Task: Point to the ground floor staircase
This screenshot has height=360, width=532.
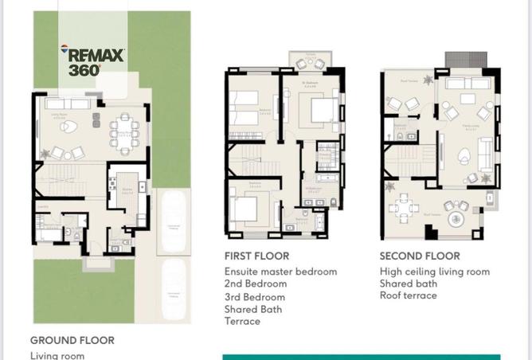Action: pos(68,182)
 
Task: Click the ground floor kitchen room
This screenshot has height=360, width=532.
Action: pos(126,191)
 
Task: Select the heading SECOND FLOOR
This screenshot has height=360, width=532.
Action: pos(420,256)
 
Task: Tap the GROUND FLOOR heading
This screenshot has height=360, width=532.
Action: pos(72,340)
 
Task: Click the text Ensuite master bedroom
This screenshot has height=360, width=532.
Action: pos(280,272)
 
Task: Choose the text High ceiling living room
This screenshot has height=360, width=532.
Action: pos(434,272)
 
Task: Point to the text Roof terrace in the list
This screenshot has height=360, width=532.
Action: pos(408,295)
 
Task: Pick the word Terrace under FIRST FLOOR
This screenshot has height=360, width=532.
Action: pos(242,321)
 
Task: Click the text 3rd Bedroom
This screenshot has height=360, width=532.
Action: pos(255,296)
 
